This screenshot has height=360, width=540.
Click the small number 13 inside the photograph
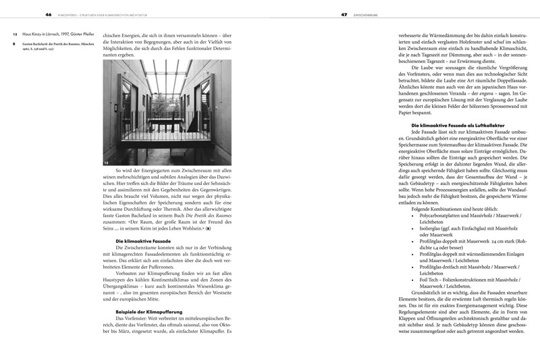(107, 161)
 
